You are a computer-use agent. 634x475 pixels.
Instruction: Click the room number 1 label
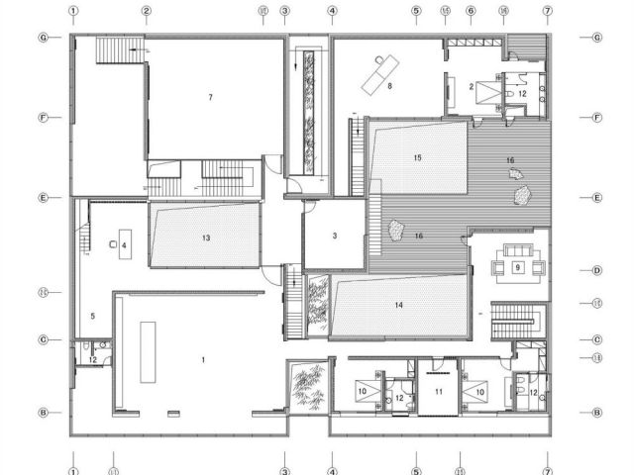[204, 359]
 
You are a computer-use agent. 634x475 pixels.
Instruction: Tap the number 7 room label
[211, 97]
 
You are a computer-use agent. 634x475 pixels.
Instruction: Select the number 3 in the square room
[335, 236]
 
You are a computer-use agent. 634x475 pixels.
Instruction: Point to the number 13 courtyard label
[206, 237]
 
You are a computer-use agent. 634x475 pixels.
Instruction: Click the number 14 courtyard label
[398, 305]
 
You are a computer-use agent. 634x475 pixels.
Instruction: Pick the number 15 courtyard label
[418, 157]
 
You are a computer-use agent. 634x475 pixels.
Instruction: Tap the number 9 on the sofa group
[518, 266]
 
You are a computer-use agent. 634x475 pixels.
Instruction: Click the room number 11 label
[436, 393]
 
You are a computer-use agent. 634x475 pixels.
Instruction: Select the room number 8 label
[390, 87]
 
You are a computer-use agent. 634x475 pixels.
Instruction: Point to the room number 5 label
[92, 316]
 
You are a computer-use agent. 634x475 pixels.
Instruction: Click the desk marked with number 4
[124, 243]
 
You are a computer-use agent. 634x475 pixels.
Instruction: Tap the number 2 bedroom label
[471, 87]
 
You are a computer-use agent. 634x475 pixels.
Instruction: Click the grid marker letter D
[597, 269]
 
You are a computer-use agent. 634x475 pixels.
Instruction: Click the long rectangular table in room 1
[149, 350]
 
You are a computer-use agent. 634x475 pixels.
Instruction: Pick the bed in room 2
[486, 94]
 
